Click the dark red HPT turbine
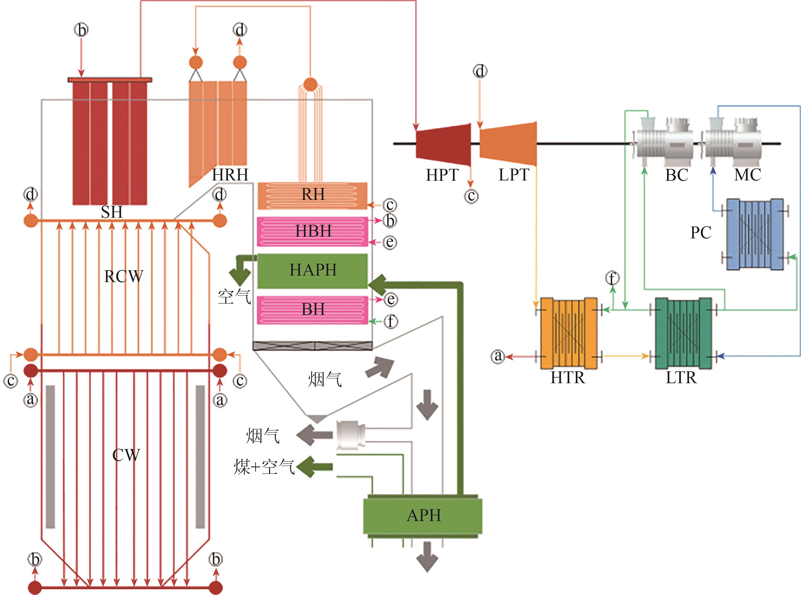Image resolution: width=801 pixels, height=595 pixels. [444, 144]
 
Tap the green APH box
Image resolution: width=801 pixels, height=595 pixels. [423, 516]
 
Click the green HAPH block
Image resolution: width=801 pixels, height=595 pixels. [312, 271]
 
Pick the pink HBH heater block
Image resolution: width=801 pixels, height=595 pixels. [312, 231]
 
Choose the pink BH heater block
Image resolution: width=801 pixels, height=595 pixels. [312, 310]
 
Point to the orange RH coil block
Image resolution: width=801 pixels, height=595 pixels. [312, 196]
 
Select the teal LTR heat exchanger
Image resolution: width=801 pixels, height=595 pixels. [683, 333]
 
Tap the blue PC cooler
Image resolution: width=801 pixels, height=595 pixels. [754, 234]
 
